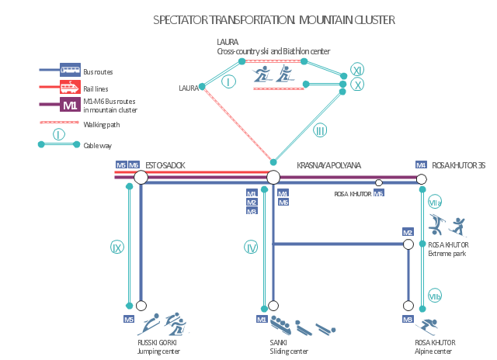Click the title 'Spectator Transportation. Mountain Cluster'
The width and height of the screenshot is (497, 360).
(273, 20)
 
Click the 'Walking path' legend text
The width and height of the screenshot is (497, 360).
(101, 124)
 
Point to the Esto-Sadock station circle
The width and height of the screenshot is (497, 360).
(141, 178)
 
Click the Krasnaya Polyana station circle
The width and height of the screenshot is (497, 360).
(273, 178)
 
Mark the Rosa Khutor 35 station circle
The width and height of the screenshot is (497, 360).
(422, 178)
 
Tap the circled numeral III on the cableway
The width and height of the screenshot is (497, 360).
(320, 130)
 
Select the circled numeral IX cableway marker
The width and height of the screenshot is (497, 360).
(117, 247)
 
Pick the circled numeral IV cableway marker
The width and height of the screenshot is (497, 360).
(251, 247)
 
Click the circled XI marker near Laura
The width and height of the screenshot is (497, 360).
(357, 69)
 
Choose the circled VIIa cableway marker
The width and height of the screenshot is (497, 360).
(435, 202)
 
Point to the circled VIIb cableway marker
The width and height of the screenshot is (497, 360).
(435, 296)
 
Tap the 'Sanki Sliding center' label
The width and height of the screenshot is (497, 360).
(288, 347)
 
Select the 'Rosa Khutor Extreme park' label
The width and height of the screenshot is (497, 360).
(447, 249)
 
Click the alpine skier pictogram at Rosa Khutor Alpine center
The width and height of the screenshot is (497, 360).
(429, 324)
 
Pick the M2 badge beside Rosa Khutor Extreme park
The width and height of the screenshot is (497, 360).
(407, 232)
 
